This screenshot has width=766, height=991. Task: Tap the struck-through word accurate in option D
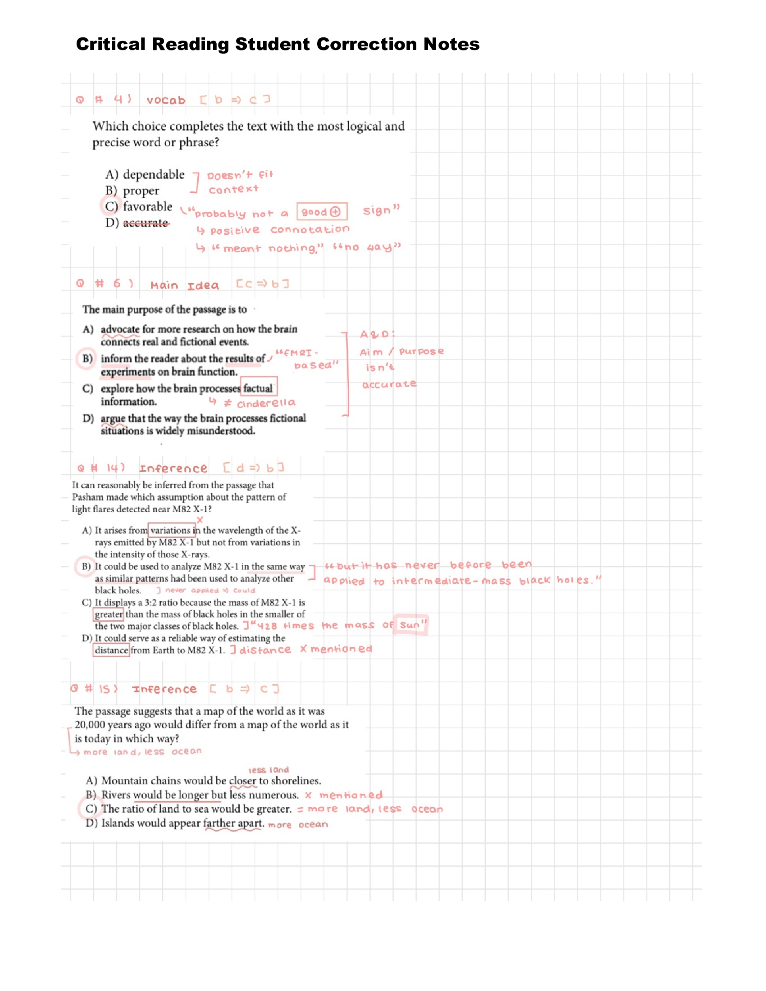(x=145, y=223)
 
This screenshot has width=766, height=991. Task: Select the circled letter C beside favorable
(x=111, y=206)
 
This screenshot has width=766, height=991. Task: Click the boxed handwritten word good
(x=315, y=212)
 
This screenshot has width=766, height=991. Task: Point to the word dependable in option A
(x=153, y=175)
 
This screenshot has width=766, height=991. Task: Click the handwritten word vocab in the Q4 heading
(x=166, y=100)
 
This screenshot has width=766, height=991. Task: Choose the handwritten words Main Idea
(x=184, y=286)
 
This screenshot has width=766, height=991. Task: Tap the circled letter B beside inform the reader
(x=87, y=359)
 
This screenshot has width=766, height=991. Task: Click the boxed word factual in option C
(x=258, y=388)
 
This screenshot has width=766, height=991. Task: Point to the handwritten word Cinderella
(x=266, y=403)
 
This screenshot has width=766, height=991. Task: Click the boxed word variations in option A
(x=170, y=530)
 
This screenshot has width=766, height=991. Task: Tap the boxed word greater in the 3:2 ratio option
(x=109, y=614)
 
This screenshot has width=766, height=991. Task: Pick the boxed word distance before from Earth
(x=111, y=650)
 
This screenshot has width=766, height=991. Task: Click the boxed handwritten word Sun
(x=410, y=625)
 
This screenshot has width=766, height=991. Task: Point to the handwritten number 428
(x=267, y=626)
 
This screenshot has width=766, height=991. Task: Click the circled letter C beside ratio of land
(x=91, y=809)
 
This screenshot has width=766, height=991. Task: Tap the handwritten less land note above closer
(x=268, y=770)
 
